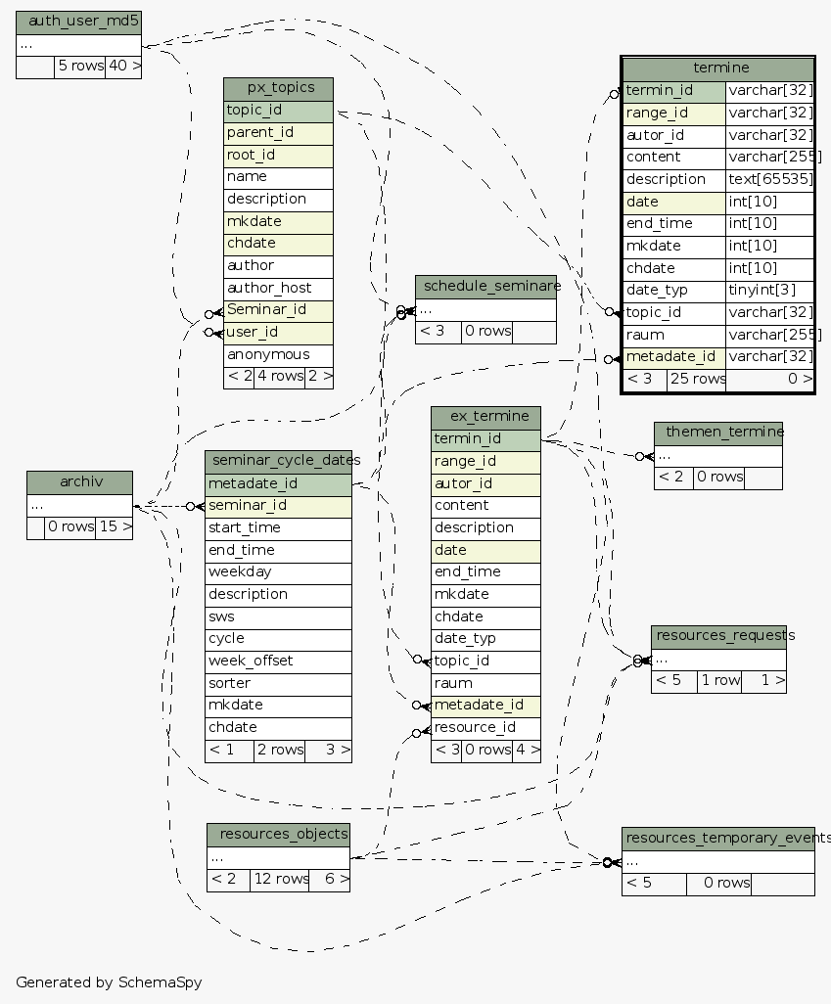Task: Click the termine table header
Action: (719, 68)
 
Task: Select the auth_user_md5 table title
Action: (78, 21)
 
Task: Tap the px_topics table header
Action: (278, 88)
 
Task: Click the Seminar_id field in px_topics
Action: (266, 310)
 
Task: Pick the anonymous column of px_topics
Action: (267, 355)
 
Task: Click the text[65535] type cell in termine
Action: (770, 180)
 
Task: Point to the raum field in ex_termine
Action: (453, 683)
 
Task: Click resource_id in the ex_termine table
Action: (475, 728)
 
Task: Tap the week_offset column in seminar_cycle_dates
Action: (250, 662)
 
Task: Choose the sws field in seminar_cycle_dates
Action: (220, 616)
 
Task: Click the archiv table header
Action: (79, 482)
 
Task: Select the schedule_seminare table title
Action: (486, 286)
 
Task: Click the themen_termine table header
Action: (718, 433)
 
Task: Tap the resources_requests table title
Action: (718, 636)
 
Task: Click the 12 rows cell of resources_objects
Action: (280, 880)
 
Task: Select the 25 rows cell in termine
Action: (696, 379)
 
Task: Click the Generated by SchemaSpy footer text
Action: (109, 981)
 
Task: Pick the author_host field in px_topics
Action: (269, 289)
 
